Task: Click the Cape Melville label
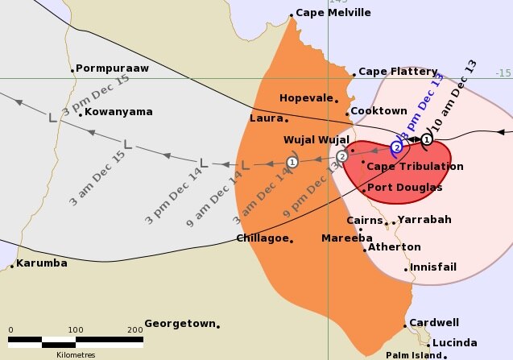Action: pyautogui.click(x=333, y=13)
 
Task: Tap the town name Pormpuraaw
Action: pyautogui.click(x=112, y=68)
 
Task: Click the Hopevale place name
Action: pyautogui.click(x=306, y=98)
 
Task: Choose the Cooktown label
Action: pyautogui.click(x=381, y=111)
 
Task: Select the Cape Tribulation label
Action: pyautogui.click(x=415, y=167)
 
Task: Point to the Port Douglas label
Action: pyautogui.click(x=404, y=188)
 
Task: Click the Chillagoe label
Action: pyautogui.click(x=262, y=238)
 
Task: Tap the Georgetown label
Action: pyautogui.click(x=180, y=324)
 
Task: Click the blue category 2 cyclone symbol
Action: pyautogui.click(x=396, y=147)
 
